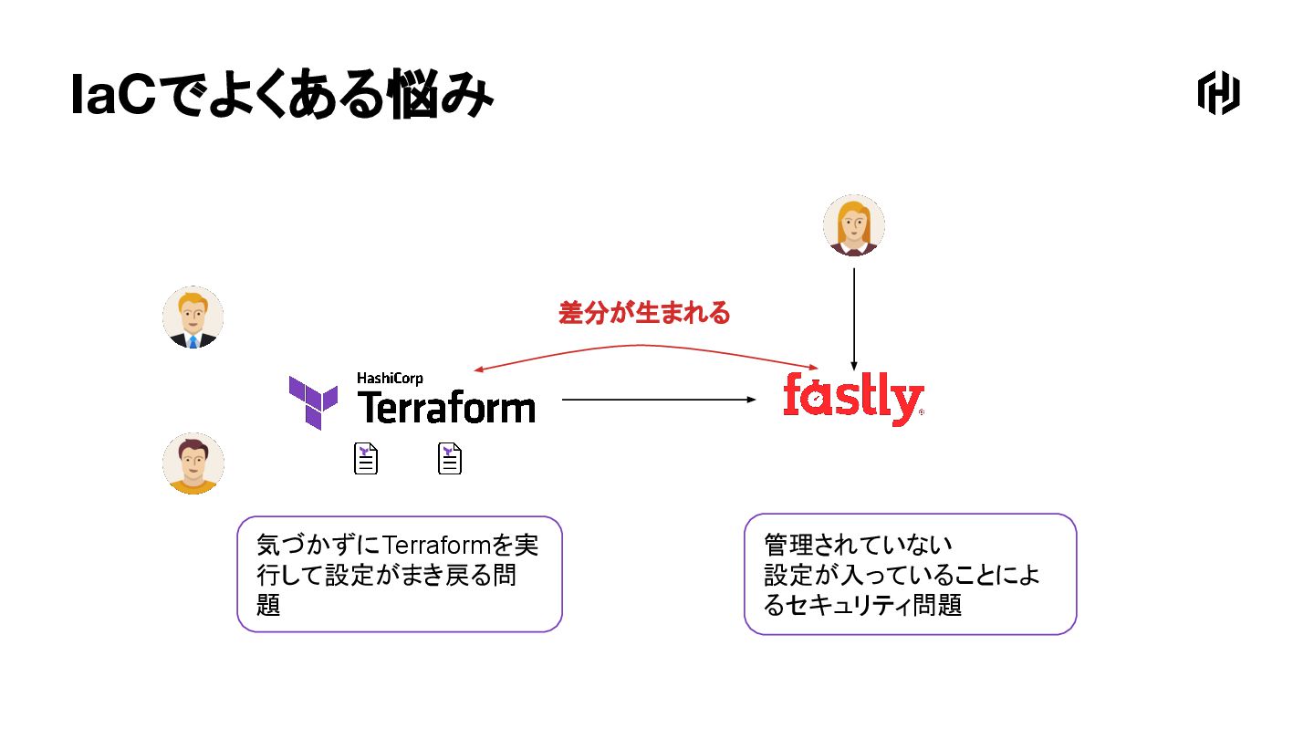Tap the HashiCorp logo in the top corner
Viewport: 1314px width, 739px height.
[1218, 93]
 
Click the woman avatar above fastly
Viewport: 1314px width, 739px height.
[853, 225]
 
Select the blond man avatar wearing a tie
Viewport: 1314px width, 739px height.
[193, 317]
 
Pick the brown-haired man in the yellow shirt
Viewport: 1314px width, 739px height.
[193, 463]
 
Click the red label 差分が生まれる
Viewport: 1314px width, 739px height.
[644, 314]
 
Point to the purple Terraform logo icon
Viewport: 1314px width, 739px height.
[313, 401]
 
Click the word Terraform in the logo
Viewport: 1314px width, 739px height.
[445, 407]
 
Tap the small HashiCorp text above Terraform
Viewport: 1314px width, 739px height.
[390, 378]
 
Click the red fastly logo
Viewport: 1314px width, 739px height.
[852, 398]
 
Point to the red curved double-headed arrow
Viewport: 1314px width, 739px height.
[644, 347]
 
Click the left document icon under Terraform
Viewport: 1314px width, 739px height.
[366, 458]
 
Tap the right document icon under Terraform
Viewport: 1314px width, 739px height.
[450, 458]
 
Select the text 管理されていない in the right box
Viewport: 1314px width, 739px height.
[858, 546]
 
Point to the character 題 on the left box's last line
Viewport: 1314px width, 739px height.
[268, 606]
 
